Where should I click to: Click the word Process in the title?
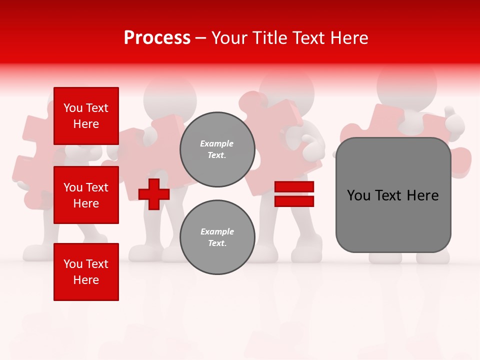[x=157, y=38]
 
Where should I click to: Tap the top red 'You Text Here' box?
[x=86, y=116]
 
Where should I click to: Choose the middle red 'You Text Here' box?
[x=86, y=195]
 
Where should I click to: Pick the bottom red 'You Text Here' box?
[x=86, y=271]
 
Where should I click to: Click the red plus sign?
[x=154, y=194]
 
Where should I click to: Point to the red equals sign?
[x=294, y=194]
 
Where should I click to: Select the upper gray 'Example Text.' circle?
[x=217, y=149]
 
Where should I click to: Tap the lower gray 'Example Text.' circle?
[x=217, y=237]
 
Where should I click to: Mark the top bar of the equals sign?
[x=294, y=187]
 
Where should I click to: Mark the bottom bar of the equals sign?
[x=294, y=201]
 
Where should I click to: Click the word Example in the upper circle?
[x=217, y=144]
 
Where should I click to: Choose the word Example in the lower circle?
[x=217, y=232]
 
